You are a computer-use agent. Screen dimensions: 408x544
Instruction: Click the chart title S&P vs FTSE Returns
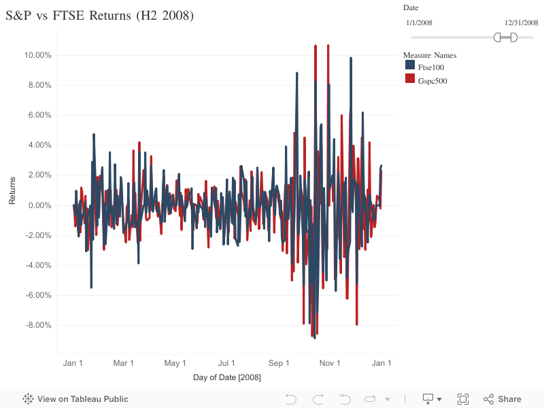(99, 16)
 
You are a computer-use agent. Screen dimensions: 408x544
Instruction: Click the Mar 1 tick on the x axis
(123, 363)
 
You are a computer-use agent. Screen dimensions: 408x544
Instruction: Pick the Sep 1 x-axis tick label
(279, 363)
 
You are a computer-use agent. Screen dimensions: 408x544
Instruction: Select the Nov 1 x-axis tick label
(330, 363)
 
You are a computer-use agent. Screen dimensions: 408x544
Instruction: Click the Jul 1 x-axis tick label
(226, 363)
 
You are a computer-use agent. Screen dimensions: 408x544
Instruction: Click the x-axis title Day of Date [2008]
(227, 377)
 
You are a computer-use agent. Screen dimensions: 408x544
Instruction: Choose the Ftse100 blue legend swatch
(410, 65)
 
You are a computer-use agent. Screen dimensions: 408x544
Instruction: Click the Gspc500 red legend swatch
(410, 79)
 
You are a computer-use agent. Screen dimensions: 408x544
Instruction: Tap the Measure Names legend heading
(429, 54)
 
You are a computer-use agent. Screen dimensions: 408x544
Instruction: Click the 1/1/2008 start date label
(419, 22)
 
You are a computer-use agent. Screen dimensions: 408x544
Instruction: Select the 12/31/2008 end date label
(520, 22)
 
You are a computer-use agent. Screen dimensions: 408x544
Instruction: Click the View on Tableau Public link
(75, 399)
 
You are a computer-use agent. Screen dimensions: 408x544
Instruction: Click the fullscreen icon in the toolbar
(463, 399)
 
